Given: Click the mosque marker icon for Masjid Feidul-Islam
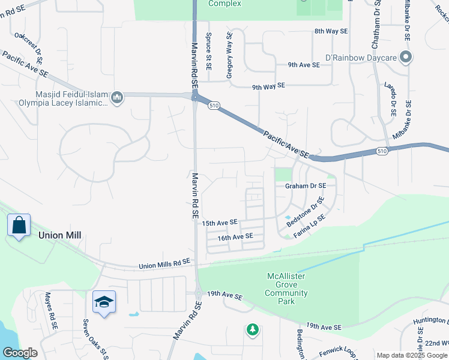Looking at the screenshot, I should click(118, 97).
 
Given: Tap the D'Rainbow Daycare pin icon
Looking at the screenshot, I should click(406, 58).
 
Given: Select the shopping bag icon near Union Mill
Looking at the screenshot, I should click(19, 226).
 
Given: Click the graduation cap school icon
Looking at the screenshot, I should click(104, 302).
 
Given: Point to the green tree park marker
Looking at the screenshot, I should click(253, 329).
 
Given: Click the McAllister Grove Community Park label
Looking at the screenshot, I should click(286, 289).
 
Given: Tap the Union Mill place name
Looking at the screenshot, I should click(59, 236).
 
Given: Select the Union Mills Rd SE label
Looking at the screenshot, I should click(164, 263).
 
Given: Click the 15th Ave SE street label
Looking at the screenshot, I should click(220, 223).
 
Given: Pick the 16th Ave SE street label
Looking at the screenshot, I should click(235, 238).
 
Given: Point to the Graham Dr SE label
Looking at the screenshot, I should click(306, 186).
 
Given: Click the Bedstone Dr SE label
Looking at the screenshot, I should click(306, 211).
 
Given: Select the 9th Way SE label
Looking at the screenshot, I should click(268, 86).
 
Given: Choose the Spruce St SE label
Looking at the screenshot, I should click(209, 52).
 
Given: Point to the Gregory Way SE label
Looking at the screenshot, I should click(229, 56).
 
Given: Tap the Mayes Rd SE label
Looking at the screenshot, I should click(50, 310).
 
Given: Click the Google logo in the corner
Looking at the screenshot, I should click(20, 353).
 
